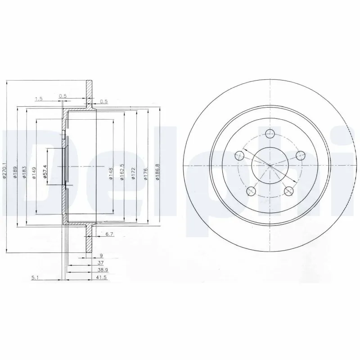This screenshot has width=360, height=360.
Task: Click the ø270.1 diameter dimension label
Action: coord(4,171)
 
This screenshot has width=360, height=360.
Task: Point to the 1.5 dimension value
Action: coord(38,99)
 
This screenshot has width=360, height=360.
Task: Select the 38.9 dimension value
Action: coord(102,270)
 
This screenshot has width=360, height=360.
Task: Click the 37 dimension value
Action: coord(101,262)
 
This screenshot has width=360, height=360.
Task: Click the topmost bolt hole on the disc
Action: coord(270,133)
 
